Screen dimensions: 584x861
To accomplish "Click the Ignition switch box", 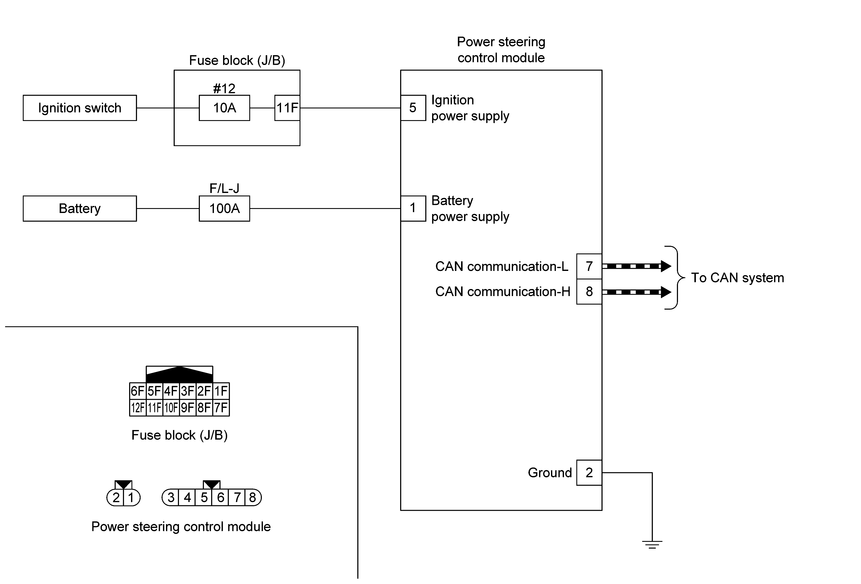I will click(x=80, y=108).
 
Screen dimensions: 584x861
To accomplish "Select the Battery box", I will click(x=80, y=209).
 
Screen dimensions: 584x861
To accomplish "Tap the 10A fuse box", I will click(x=224, y=108).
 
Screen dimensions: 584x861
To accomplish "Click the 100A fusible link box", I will click(x=224, y=209).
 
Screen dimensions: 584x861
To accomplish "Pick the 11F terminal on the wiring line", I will click(x=287, y=108).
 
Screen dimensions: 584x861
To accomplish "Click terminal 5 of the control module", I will click(x=413, y=108).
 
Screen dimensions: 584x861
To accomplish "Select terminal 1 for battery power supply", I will click(x=413, y=208).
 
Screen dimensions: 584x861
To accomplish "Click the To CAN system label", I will click(x=737, y=278).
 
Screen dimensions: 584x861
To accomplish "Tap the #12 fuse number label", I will click(x=224, y=89).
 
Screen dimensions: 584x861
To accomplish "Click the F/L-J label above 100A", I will click(x=224, y=188).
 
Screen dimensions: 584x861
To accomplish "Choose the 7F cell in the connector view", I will click(x=221, y=408).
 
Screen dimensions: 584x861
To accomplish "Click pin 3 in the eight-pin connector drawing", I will click(x=171, y=497).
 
